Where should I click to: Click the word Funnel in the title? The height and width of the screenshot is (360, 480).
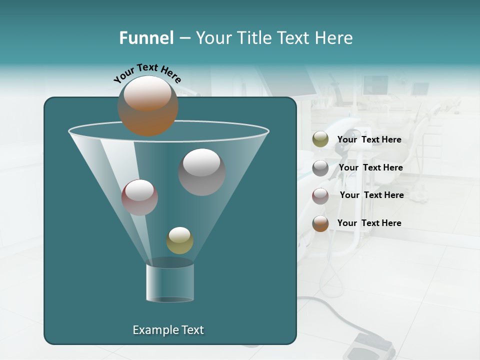coord(146,38)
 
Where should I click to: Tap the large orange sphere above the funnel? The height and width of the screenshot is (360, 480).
coord(148,106)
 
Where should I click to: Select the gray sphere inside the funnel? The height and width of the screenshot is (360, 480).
coord(202,172)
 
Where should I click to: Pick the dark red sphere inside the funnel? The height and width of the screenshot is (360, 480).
coord(139,197)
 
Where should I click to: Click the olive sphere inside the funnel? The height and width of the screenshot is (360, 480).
coord(179,240)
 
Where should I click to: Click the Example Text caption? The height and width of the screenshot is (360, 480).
coord(168,330)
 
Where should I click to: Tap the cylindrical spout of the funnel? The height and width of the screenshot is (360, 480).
coord(170,282)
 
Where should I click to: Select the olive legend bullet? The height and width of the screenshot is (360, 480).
coord(320,139)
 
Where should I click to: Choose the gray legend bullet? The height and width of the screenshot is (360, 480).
coord(320,168)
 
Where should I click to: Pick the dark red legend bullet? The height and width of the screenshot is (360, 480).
coord(320,196)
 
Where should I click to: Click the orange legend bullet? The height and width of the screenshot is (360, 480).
coord(320,223)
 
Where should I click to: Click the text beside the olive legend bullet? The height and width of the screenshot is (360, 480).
coord(369,139)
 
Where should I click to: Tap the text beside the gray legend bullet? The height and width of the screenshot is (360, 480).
coord(370,167)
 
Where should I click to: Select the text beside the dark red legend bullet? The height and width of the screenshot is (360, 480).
coord(371,195)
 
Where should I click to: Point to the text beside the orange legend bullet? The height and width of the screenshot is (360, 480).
coord(369,223)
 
